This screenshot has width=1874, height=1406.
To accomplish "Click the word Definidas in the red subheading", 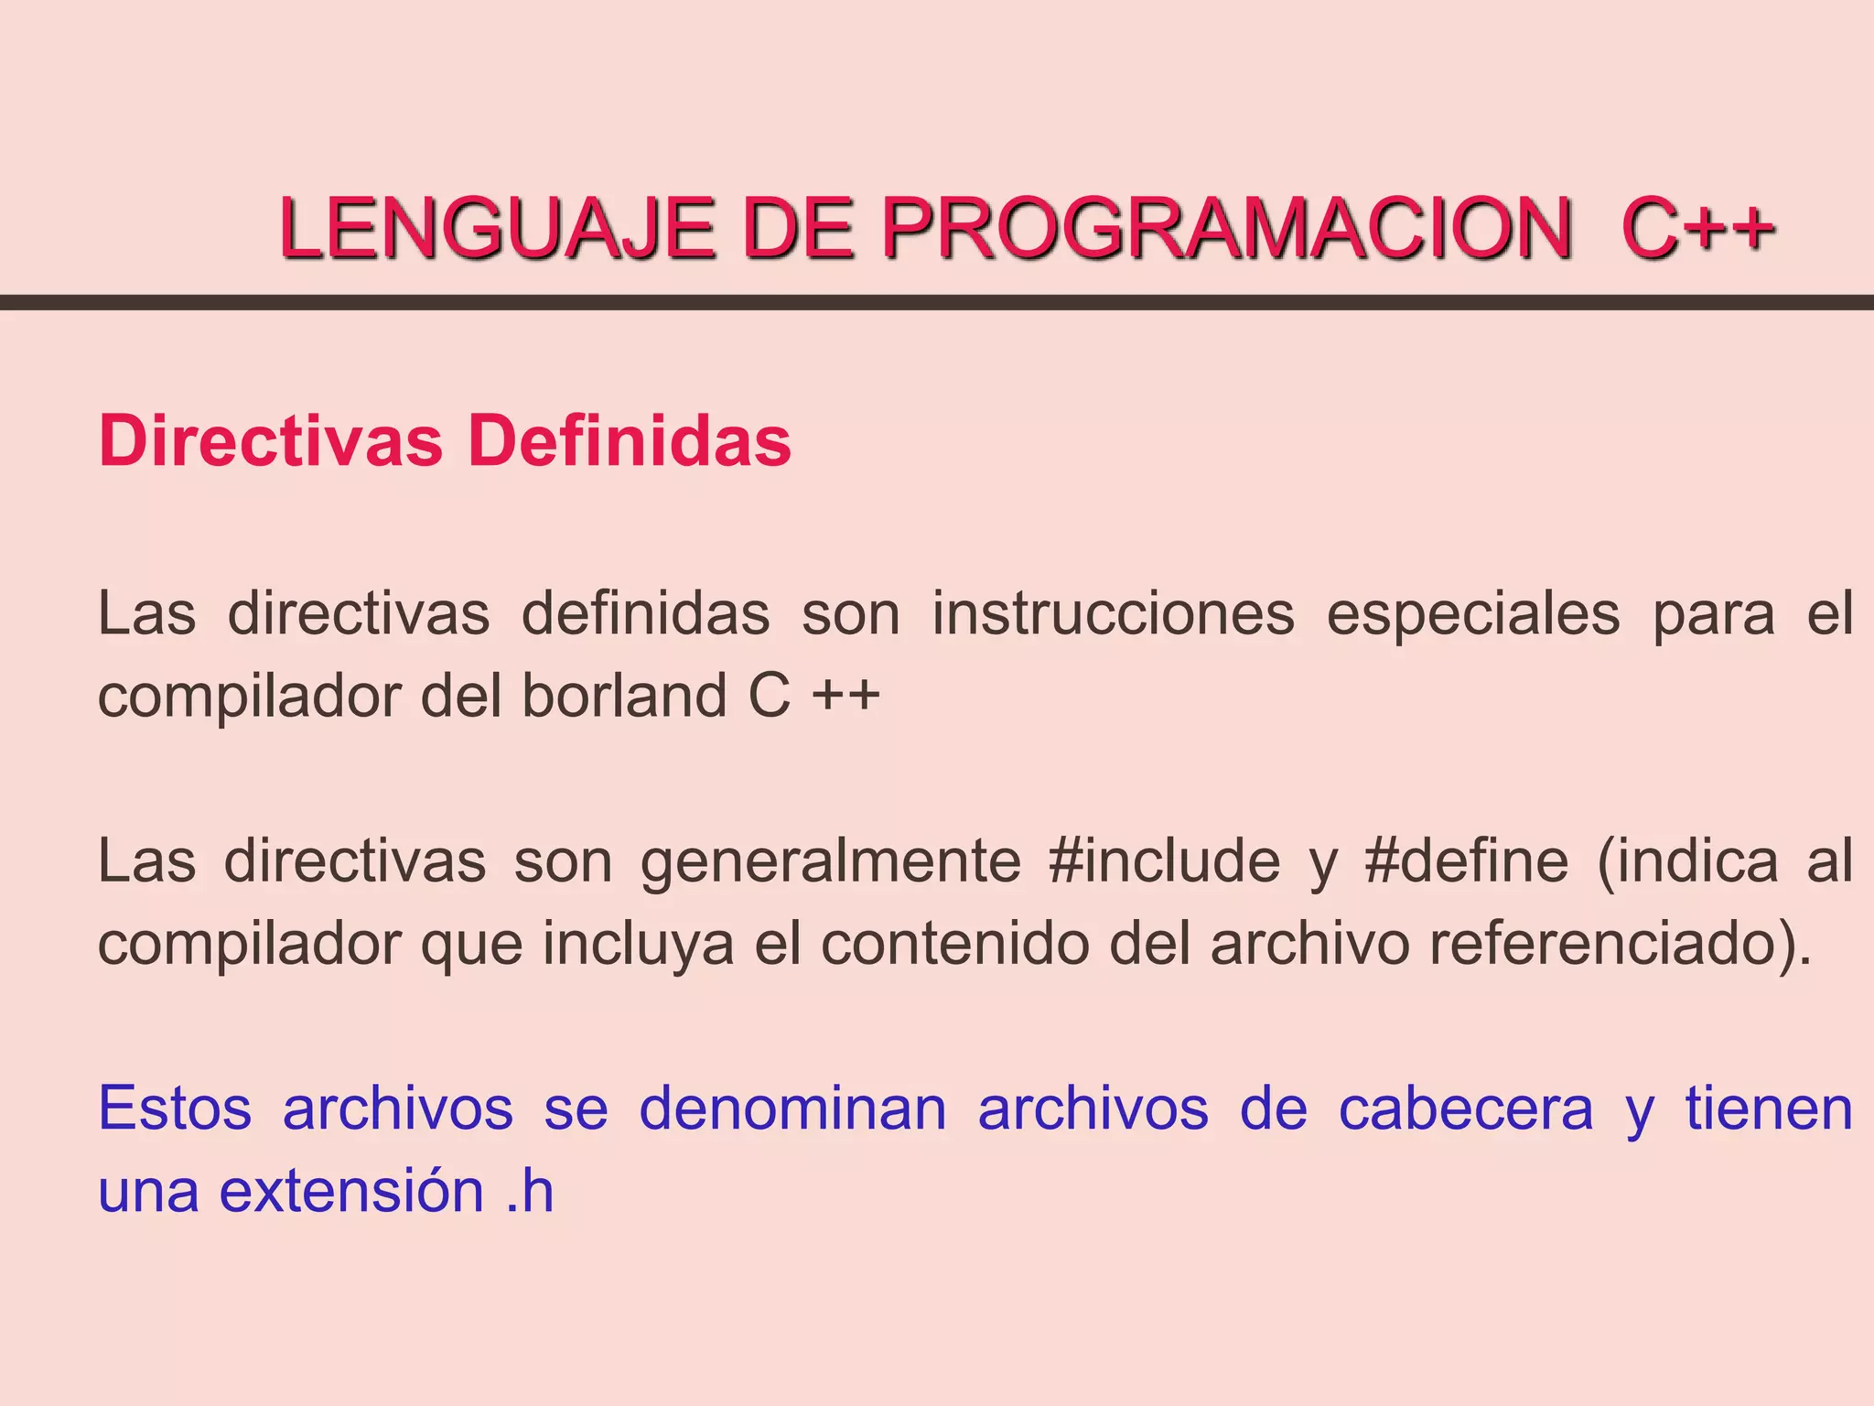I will (x=629, y=441).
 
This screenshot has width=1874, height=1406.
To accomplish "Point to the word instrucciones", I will (x=1113, y=613).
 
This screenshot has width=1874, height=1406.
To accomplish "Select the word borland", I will (x=624, y=696).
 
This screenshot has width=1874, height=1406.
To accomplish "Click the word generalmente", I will (x=830, y=861).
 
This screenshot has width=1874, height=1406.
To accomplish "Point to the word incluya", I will (x=638, y=944).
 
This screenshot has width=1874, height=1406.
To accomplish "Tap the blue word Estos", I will (x=175, y=1109).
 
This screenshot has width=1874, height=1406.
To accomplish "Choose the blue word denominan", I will (x=792, y=1109).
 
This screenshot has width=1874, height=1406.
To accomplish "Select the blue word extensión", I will (x=351, y=1191).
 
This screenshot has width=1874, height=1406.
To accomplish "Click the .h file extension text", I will (x=530, y=1191).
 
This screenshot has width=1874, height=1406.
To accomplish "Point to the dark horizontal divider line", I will (x=937, y=302).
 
